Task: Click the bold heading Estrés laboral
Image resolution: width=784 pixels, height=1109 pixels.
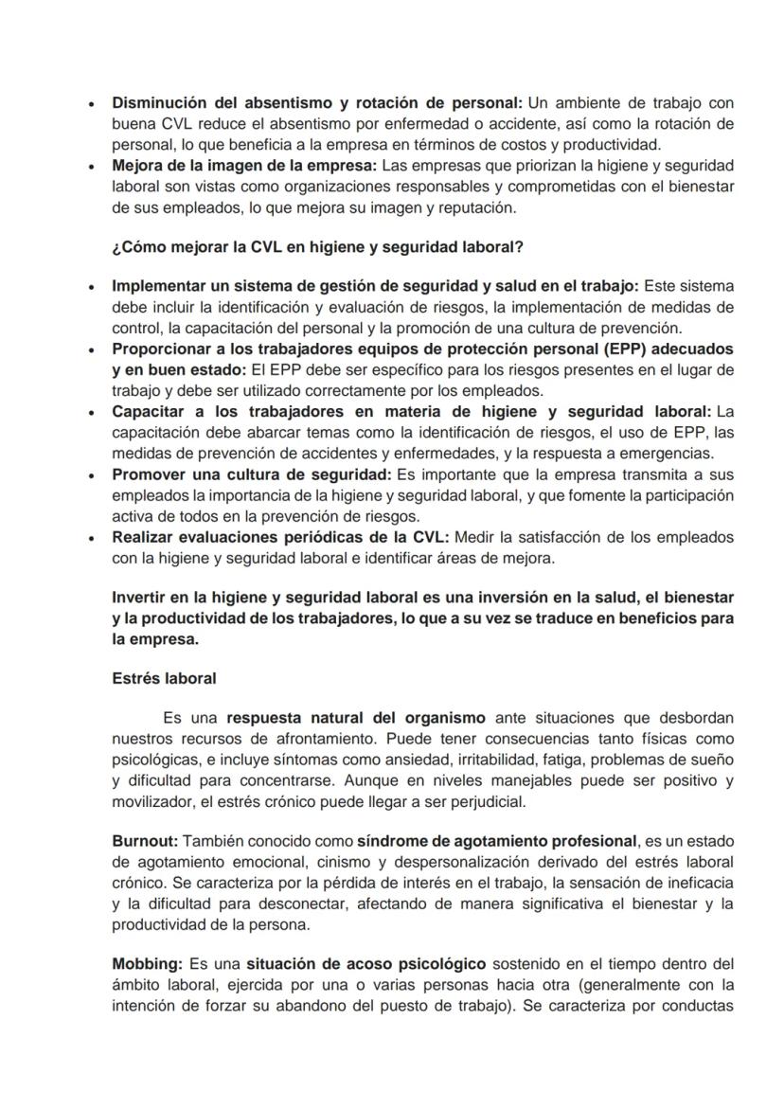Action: click(164, 678)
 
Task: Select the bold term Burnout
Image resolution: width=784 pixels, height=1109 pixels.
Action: click(144, 840)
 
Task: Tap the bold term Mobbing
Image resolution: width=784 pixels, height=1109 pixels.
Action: click(147, 963)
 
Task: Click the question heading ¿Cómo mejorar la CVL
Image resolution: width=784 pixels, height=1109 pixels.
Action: click(317, 247)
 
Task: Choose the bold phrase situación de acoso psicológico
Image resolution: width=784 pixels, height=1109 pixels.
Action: click(340, 963)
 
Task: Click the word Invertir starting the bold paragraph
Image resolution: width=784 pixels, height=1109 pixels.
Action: click(140, 598)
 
